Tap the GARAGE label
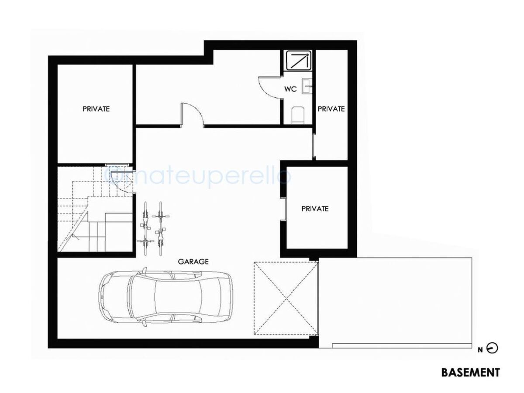193,262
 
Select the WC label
290,89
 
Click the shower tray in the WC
299,60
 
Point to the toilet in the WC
298,115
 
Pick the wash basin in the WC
307,86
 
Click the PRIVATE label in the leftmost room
96,109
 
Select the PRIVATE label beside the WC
331,109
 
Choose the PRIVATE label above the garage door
315,209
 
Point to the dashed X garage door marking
286,298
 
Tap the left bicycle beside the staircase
145,228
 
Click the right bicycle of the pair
161,228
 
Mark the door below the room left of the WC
192,115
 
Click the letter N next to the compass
480,350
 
